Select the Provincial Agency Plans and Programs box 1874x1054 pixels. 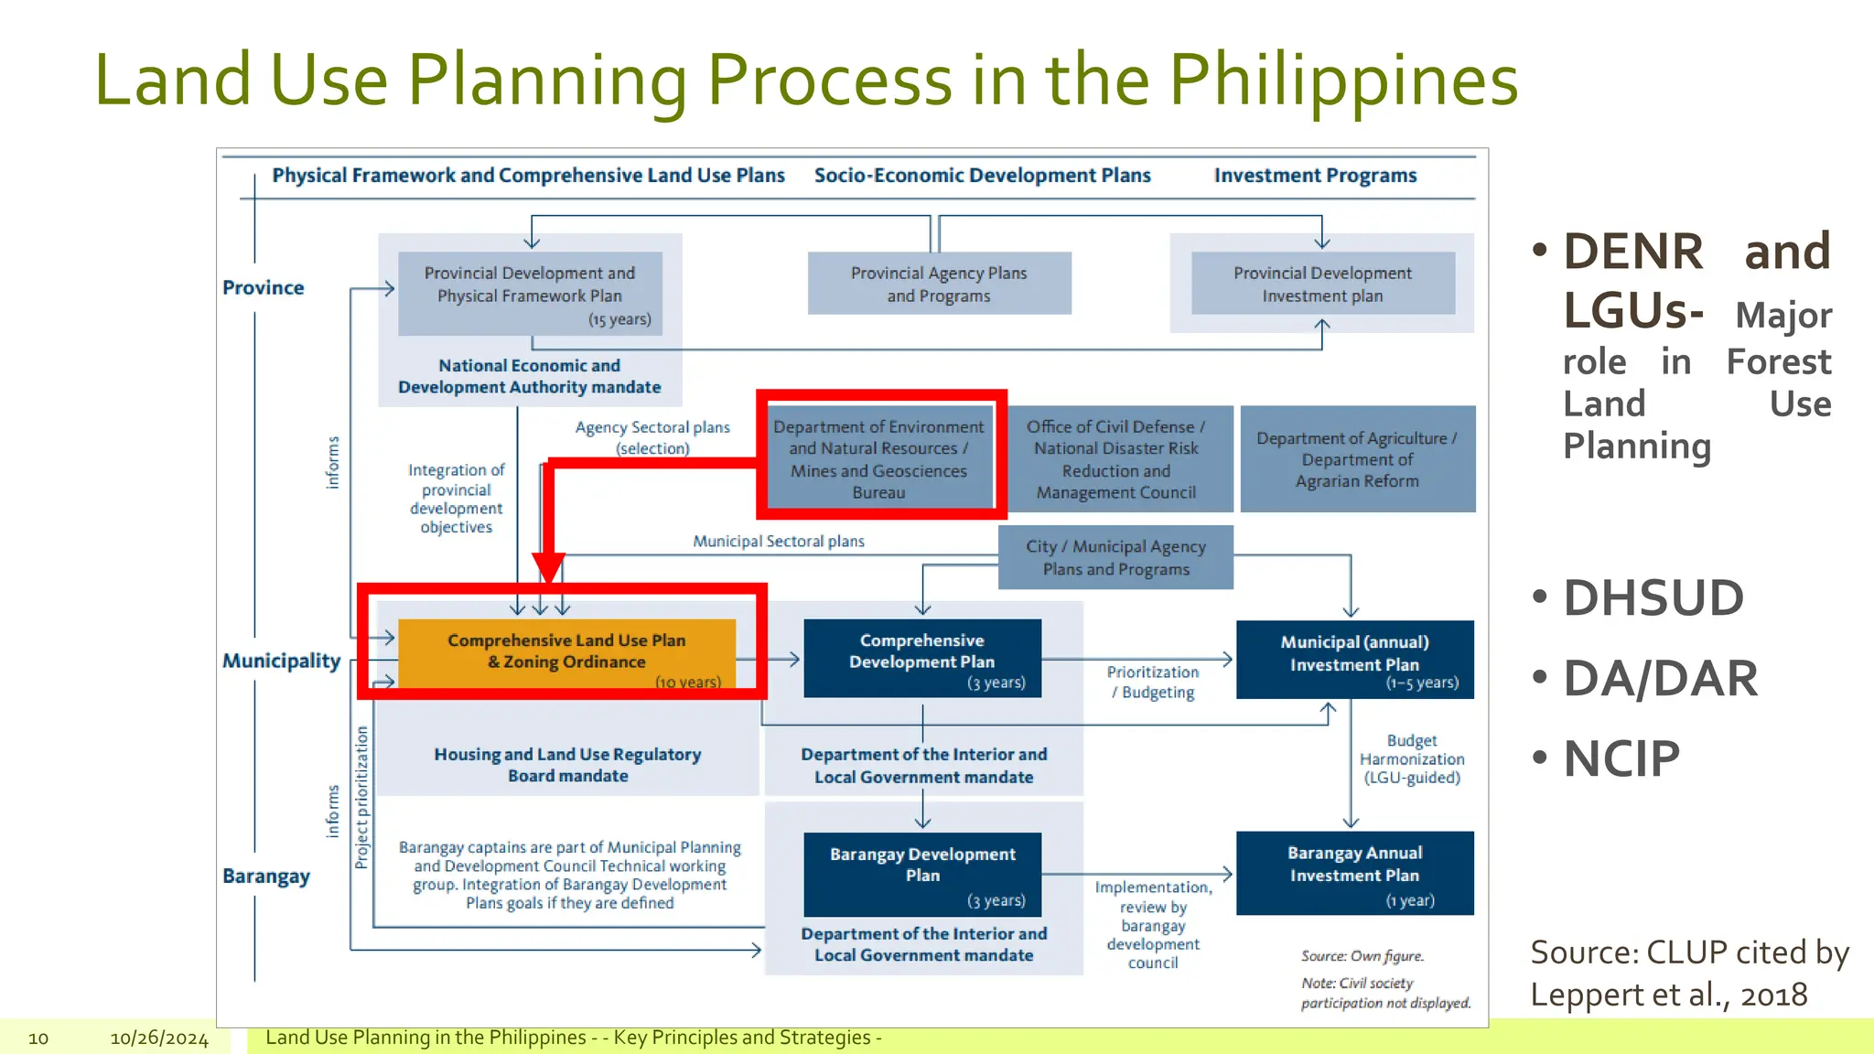tap(939, 284)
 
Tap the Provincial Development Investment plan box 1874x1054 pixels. tap(1322, 284)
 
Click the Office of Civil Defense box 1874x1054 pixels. tap(1115, 459)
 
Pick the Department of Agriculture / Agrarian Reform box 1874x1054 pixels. tap(1357, 459)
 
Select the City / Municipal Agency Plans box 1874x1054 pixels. tap(1115, 557)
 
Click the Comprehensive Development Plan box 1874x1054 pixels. tap(922, 659)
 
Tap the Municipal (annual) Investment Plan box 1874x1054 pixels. tap(1354, 660)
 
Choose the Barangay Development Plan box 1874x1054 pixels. tap(922, 874)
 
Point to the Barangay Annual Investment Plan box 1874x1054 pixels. tap(1354, 873)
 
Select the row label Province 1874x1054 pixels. tap(263, 287)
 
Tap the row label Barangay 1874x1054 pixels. tap(266, 876)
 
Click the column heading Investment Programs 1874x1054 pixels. tap(1315, 176)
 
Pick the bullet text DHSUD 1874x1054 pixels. tap(1653, 598)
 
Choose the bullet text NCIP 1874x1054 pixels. tap(1621, 759)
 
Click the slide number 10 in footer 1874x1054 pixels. tap(38, 1038)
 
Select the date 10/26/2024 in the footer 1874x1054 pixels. tap(159, 1038)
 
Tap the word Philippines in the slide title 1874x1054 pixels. tap(1342, 81)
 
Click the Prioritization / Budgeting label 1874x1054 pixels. tap(1153, 683)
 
